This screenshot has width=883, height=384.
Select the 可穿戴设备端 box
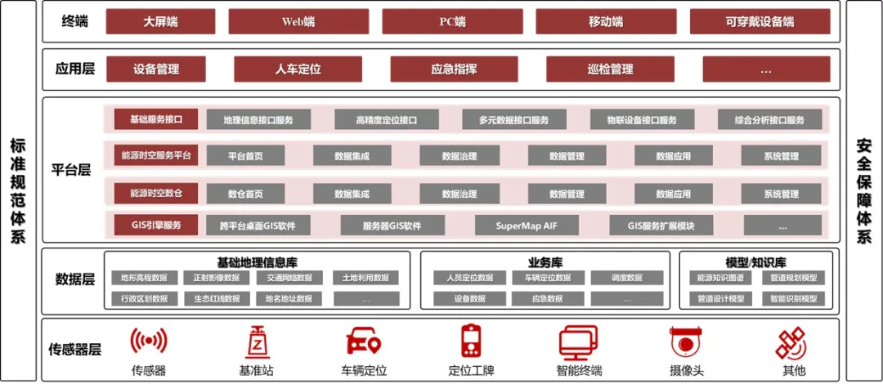click(x=760, y=21)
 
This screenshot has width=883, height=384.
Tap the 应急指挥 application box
click(x=454, y=69)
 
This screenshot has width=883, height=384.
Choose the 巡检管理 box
click(x=610, y=69)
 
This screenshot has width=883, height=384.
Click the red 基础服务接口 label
click(x=156, y=119)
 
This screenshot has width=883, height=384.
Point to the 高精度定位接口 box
click(x=387, y=120)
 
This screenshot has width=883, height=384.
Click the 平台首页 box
click(x=245, y=155)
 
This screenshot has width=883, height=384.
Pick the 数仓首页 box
click(x=245, y=194)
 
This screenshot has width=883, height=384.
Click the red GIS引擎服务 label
click(x=156, y=225)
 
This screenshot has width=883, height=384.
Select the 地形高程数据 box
click(x=144, y=278)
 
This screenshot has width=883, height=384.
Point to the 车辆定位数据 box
click(x=547, y=278)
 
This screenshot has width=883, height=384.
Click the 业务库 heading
click(x=546, y=263)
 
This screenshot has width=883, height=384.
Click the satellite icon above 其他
click(x=791, y=342)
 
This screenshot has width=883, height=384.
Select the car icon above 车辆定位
click(x=362, y=342)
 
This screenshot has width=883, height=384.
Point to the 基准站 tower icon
click(x=255, y=342)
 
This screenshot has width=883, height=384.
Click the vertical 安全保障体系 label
click(x=863, y=191)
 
